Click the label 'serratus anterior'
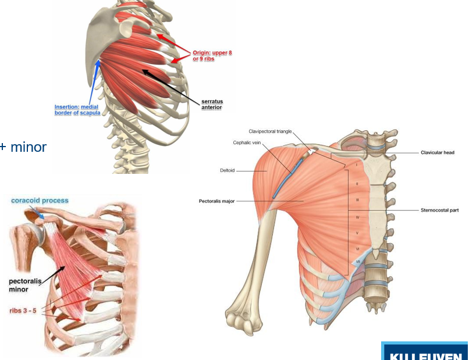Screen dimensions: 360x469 pos(212,104)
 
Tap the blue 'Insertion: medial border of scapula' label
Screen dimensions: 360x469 pos(76,110)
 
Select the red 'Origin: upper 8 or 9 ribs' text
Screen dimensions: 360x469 pos(212,56)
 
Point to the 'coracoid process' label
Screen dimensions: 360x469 pos(40,201)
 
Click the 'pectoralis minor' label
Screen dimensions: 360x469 pos(22,285)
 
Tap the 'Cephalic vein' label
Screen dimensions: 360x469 pos(246,142)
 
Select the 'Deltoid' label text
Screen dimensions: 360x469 pos(227,171)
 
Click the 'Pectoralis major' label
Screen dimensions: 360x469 pos(217,201)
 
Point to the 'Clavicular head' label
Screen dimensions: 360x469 pos(438,152)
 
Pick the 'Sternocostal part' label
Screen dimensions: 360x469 pos(439,210)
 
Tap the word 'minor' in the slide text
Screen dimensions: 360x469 pos(29,147)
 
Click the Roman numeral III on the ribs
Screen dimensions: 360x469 pos(357,199)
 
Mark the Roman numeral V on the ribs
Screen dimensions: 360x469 pos(357,233)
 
